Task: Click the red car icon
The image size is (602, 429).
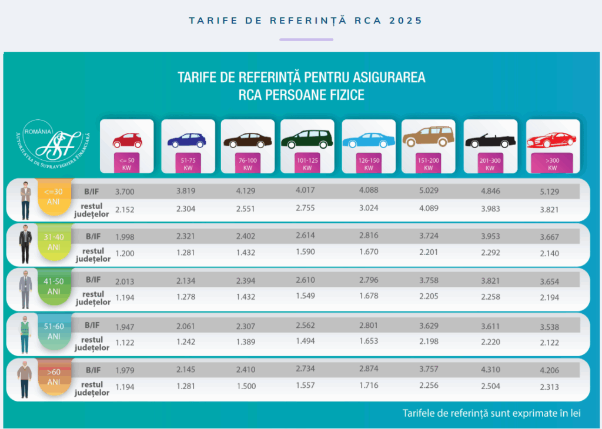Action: (127, 140)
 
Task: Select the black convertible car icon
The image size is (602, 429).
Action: (490, 141)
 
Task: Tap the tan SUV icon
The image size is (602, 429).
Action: (429, 139)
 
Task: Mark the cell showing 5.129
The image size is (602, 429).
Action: (549, 192)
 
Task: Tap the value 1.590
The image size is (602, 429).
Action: (306, 253)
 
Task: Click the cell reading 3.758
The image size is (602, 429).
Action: (429, 281)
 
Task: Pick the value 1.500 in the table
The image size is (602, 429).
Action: (246, 387)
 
